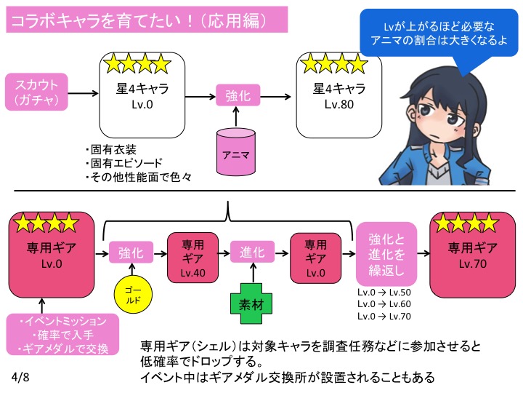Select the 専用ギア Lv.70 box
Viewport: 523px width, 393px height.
(x=465, y=251)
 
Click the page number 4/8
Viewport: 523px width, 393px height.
(x=22, y=378)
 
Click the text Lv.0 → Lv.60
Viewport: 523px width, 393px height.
(x=384, y=304)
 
